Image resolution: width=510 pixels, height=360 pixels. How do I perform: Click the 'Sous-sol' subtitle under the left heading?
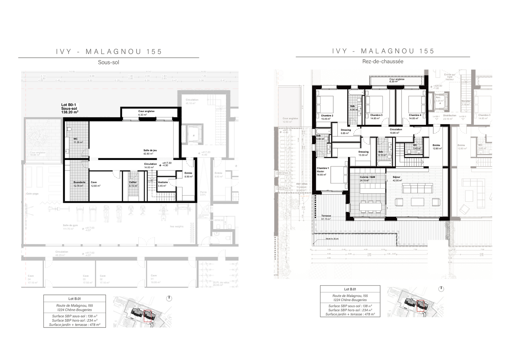(x=108, y=62)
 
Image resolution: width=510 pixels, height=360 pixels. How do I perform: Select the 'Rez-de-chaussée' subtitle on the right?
(x=383, y=61)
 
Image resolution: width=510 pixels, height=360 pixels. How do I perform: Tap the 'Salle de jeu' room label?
(x=150, y=151)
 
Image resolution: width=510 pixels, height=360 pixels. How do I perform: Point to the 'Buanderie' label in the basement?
(x=79, y=182)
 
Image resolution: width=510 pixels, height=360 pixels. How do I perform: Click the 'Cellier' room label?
(x=133, y=182)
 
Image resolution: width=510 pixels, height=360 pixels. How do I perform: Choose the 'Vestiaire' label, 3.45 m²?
(x=163, y=182)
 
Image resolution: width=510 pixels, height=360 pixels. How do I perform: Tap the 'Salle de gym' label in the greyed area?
(x=70, y=225)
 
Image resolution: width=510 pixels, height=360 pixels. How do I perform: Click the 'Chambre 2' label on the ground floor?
(x=327, y=116)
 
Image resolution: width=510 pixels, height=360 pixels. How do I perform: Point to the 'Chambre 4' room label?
(x=415, y=115)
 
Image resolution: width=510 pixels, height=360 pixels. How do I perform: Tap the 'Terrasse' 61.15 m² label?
(x=326, y=216)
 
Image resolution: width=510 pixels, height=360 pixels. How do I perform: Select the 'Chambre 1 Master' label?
(x=323, y=170)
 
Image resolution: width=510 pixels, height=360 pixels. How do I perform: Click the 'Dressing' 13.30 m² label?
(x=363, y=152)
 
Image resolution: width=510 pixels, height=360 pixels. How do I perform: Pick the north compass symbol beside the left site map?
(x=169, y=298)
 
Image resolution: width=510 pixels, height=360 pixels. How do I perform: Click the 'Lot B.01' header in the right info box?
(x=350, y=289)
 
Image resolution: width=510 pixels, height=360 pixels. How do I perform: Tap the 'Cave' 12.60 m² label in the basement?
(x=94, y=182)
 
